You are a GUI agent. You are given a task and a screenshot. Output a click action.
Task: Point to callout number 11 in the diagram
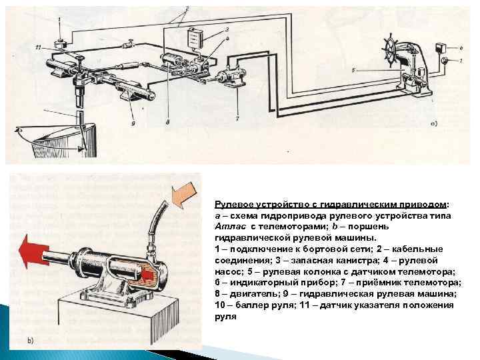(39, 47)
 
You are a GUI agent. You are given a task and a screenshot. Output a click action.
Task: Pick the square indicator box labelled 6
(441, 47)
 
